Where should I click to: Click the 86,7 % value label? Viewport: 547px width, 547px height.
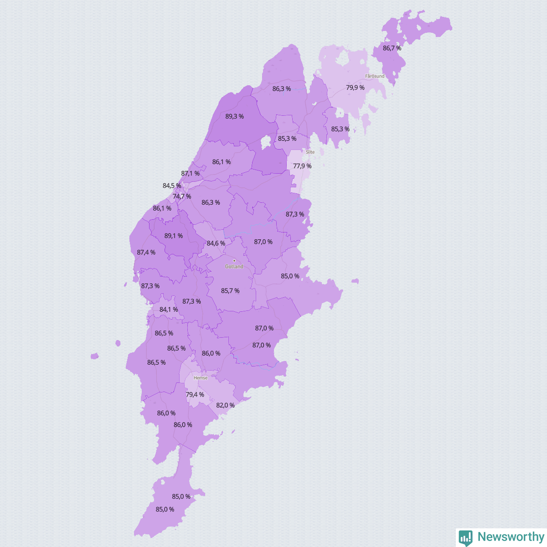pos(392,48)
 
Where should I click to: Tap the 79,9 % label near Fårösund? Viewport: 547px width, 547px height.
pos(355,88)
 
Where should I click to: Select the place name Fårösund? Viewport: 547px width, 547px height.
pos(375,76)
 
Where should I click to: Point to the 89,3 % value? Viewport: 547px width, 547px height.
pos(234,116)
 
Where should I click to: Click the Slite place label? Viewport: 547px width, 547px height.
pos(310,152)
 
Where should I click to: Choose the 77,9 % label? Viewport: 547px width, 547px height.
pos(302,166)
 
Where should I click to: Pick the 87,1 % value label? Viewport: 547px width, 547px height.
pos(190,173)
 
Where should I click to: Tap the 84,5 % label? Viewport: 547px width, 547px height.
pos(172,186)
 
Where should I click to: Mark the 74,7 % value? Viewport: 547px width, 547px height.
pos(182,196)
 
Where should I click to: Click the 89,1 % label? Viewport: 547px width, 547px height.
pos(174,236)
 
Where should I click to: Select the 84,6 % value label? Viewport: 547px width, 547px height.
pos(216,243)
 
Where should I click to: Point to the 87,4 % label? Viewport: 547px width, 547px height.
pos(146,252)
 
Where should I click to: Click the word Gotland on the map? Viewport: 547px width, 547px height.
pos(234,266)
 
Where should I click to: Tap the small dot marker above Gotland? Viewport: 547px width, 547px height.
pos(234,261)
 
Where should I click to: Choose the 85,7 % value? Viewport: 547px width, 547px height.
pos(230,290)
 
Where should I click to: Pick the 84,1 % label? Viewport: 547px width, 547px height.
pos(169,310)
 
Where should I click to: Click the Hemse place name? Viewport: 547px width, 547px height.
pos(201,378)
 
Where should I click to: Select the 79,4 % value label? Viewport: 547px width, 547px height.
pos(195,394)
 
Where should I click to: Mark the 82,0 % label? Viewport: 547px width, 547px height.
pos(225,405)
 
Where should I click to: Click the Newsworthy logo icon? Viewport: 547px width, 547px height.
pos(465,537)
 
